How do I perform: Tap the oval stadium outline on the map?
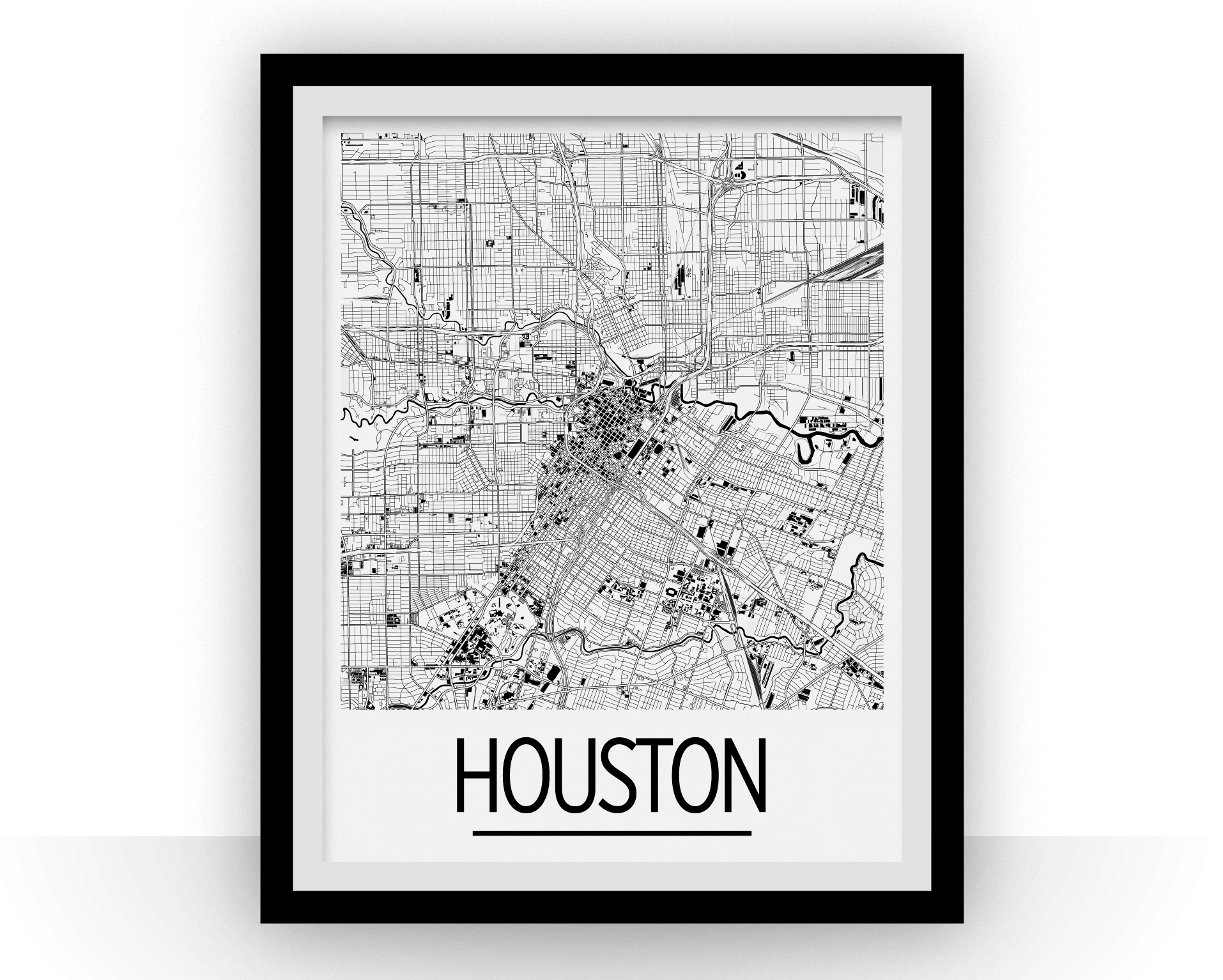click(x=670, y=593)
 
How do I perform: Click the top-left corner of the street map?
click(x=342, y=134)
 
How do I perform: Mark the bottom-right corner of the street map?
click(x=883, y=708)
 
